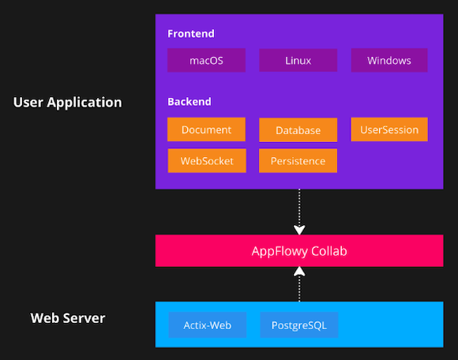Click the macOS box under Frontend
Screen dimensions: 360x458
206,61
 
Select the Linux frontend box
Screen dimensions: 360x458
298,61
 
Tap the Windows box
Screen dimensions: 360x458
389,61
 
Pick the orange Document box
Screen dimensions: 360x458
206,129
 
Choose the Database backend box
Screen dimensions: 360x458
298,130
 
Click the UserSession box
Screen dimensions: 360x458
389,129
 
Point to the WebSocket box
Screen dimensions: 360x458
207,160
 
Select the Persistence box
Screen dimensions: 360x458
298,161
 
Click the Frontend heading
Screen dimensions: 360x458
191,34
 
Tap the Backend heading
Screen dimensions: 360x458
190,102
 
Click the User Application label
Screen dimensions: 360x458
68,103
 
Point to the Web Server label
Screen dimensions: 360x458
68,318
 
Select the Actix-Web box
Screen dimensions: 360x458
207,324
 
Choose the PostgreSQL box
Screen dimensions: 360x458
298,324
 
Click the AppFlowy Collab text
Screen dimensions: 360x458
298,251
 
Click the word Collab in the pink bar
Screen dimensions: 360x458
327,251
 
